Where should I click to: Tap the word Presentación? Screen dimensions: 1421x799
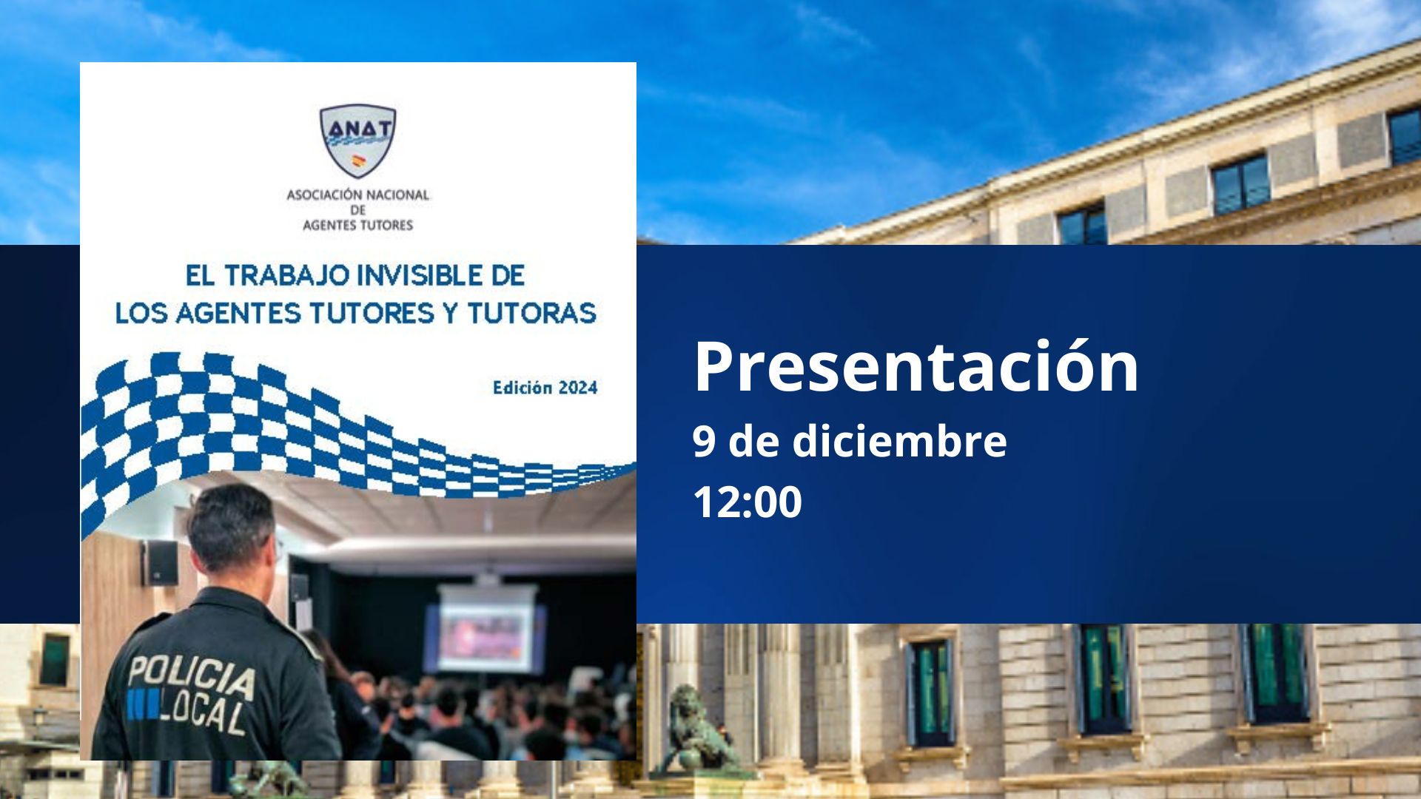pos(916,365)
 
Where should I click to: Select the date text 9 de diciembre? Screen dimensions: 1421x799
pos(850,441)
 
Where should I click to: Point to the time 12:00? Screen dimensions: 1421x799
pos(748,502)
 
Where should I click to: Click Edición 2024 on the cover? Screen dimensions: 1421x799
pos(545,388)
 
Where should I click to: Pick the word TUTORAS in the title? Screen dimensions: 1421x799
pos(531,313)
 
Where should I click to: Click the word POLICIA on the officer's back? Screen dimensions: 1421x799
pos(192,677)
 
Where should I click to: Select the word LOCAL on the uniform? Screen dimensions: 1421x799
pos(203,715)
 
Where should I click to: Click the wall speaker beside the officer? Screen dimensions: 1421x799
pos(160,562)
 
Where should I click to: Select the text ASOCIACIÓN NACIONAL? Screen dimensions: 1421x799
pos(357,195)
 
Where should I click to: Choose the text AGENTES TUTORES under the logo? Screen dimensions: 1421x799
pos(357,226)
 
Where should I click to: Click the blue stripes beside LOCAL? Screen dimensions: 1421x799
pos(143,705)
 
